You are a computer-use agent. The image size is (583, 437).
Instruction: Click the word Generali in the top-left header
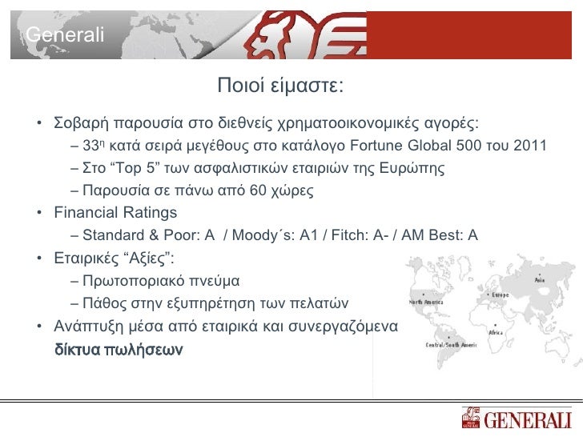coord(58,33)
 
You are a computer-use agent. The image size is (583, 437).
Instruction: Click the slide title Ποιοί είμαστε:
coord(280,86)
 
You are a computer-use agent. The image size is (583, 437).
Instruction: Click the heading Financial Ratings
coord(116,213)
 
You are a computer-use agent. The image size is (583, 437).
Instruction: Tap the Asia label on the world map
coord(540,281)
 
